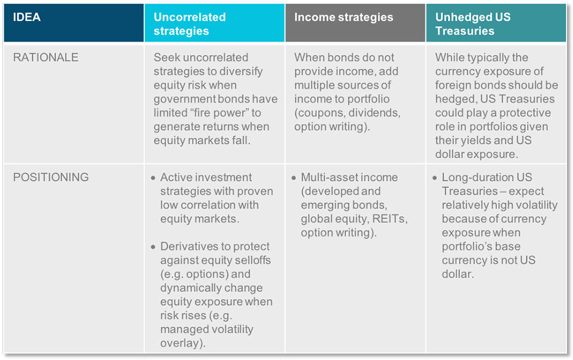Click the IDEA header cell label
pos(27,17)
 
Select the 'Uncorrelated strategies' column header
pos(190,24)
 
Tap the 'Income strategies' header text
pos(344,17)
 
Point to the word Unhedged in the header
pos(460,17)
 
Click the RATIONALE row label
pos(46,57)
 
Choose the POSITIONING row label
pos(51,177)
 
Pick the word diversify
pos(240,71)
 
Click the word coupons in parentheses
pos(319,113)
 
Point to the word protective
pos(525,113)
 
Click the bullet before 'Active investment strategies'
pos(153,178)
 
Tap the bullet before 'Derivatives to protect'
pos(153,247)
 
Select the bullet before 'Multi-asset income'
pos(294,178)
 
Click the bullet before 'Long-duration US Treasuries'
pos(435,178)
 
